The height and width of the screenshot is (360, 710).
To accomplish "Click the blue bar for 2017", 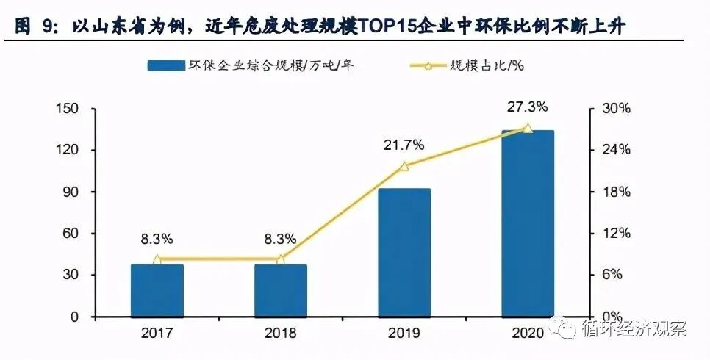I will click(x=157, y=291).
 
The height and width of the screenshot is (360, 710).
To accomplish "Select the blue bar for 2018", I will click(x=280, y=291).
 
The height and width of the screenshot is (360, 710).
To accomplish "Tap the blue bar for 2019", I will click(x=404, y=253).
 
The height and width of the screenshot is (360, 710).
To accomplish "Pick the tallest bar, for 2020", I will click(x=527, y=223).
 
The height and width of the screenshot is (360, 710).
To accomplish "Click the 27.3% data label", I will click(x=527, y=107).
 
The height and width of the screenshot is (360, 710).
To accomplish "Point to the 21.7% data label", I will click(x=404, y=145).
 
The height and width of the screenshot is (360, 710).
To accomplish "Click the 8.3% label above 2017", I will click(x=157, y=239).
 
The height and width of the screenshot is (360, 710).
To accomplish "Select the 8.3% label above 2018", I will click(x=280, y=239).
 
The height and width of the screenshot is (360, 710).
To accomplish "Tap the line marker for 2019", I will click(x=404, y=167).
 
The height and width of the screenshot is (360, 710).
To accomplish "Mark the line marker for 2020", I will click(x=527, y=129).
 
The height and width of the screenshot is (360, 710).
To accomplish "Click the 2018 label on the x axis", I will click(x=280, y=334).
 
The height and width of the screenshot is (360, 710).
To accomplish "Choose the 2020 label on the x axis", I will click(x=527, y=334).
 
